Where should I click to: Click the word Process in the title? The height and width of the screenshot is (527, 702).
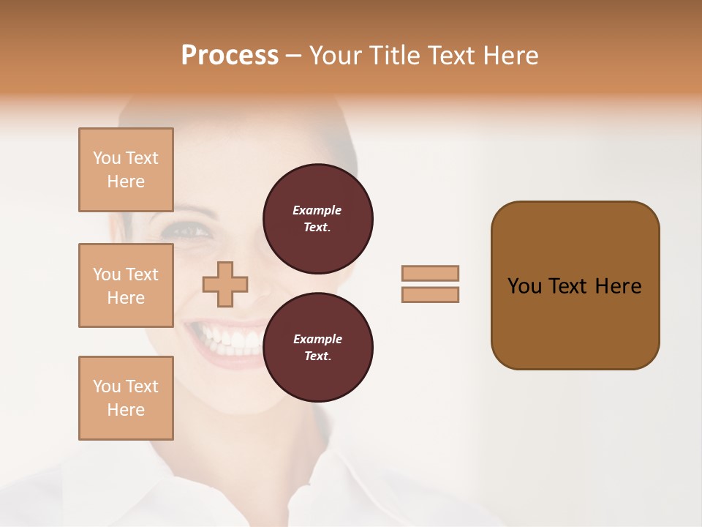click(230, 56)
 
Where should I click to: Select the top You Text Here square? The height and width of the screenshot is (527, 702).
click(126, 170)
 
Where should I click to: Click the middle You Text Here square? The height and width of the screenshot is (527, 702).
click(126, 285)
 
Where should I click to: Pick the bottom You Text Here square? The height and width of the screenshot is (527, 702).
click(126, 397)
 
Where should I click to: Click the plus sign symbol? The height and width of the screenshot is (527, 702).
click(225, 284)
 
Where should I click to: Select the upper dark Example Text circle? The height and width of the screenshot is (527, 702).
click(318, 219)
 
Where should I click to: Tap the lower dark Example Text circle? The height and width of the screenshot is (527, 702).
click(318, 348)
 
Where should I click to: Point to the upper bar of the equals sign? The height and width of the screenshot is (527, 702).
click(431, 273)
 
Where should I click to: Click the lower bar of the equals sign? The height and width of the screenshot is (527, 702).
click(431, 294)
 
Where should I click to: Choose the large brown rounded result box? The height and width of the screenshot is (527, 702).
click(575, 285)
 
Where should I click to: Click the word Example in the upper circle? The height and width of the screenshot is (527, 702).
click(317, 210)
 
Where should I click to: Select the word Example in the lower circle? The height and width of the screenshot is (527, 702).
click(317, 339)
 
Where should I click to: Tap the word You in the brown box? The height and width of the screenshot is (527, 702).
click(524, 286)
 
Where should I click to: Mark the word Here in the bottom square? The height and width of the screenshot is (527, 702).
click(126, 410)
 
